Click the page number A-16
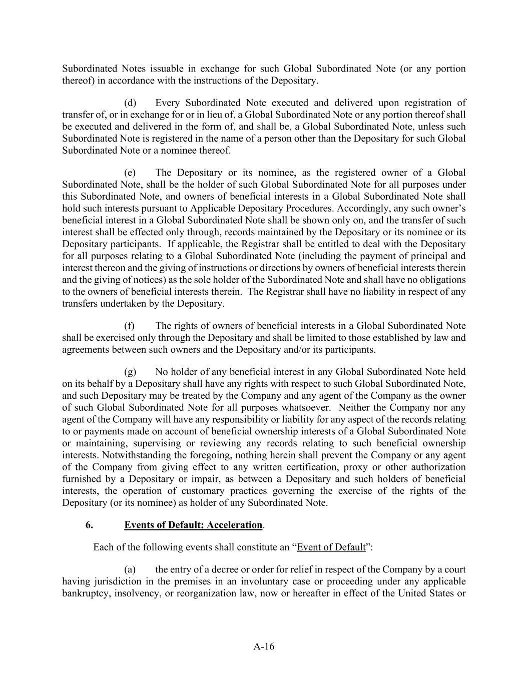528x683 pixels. [x=264, y=646]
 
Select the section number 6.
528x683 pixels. [x=89, y=525]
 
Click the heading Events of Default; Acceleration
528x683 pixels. [x=193, y=525]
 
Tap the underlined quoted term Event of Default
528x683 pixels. [x=331, y=547]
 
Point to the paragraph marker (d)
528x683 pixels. [x=130, y=103]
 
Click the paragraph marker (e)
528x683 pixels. [x=130, y=173]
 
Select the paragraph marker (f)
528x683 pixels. [x=130, y=326]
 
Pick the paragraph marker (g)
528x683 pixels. [x=130, y=372]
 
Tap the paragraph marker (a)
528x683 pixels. [x=130, y=569]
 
